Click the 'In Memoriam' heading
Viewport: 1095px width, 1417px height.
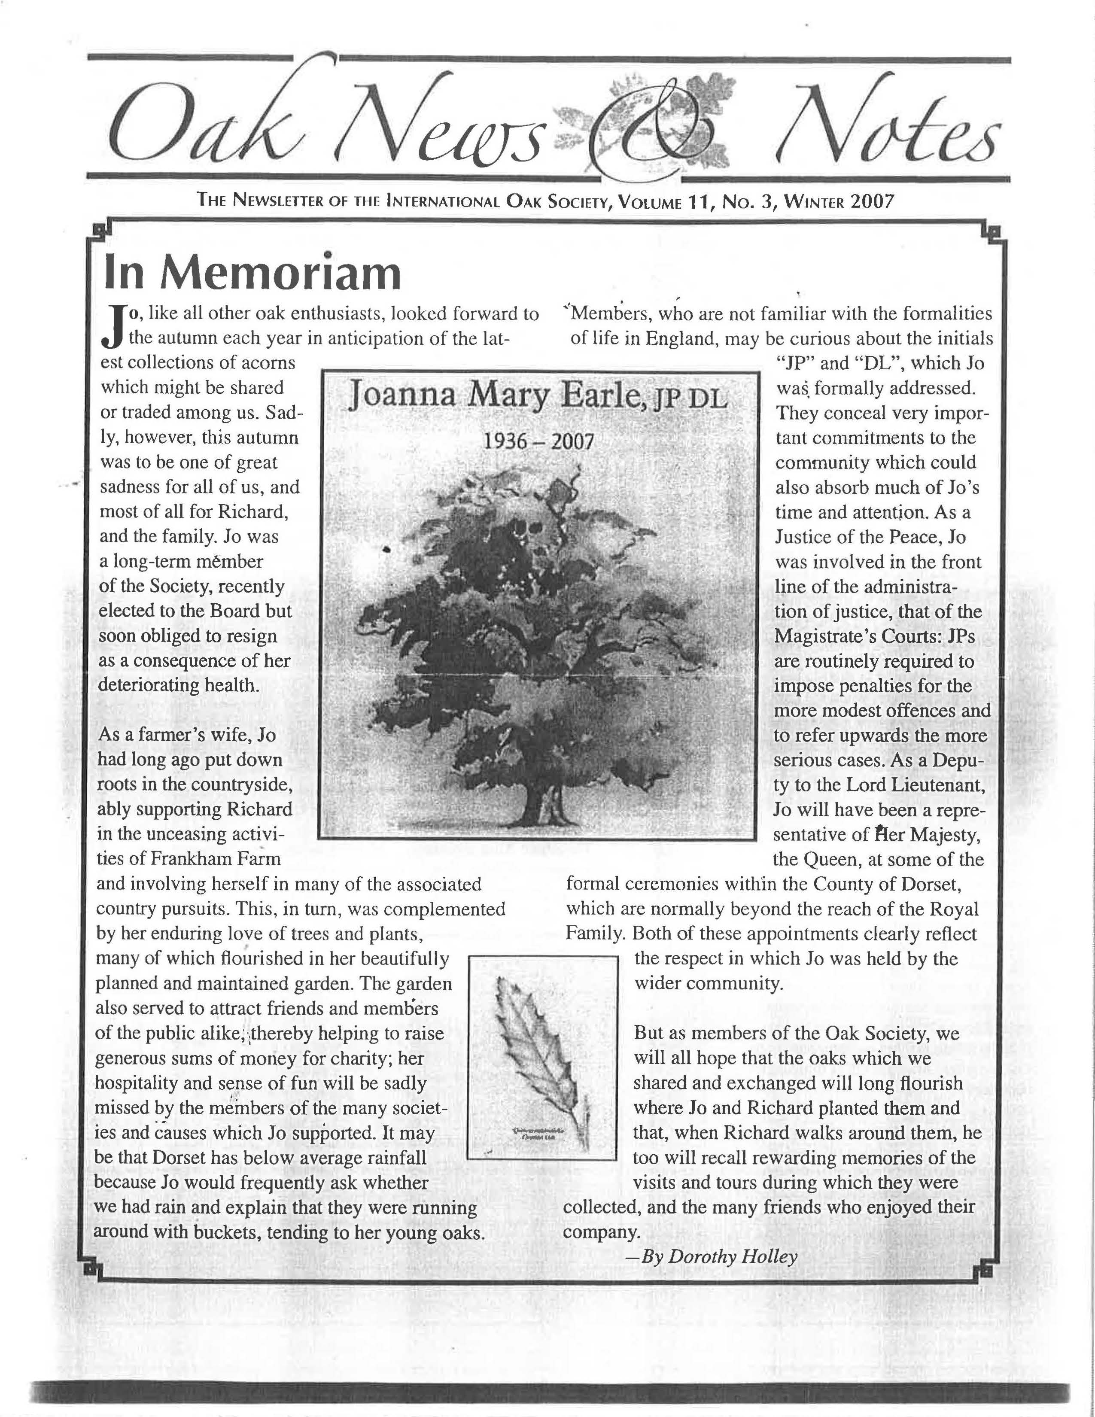coord(252,273)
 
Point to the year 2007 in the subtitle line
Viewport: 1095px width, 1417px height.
coord(872,201)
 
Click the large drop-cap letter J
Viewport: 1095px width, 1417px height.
coord(113,326)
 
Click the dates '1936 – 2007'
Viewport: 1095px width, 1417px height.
coord(539,442)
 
